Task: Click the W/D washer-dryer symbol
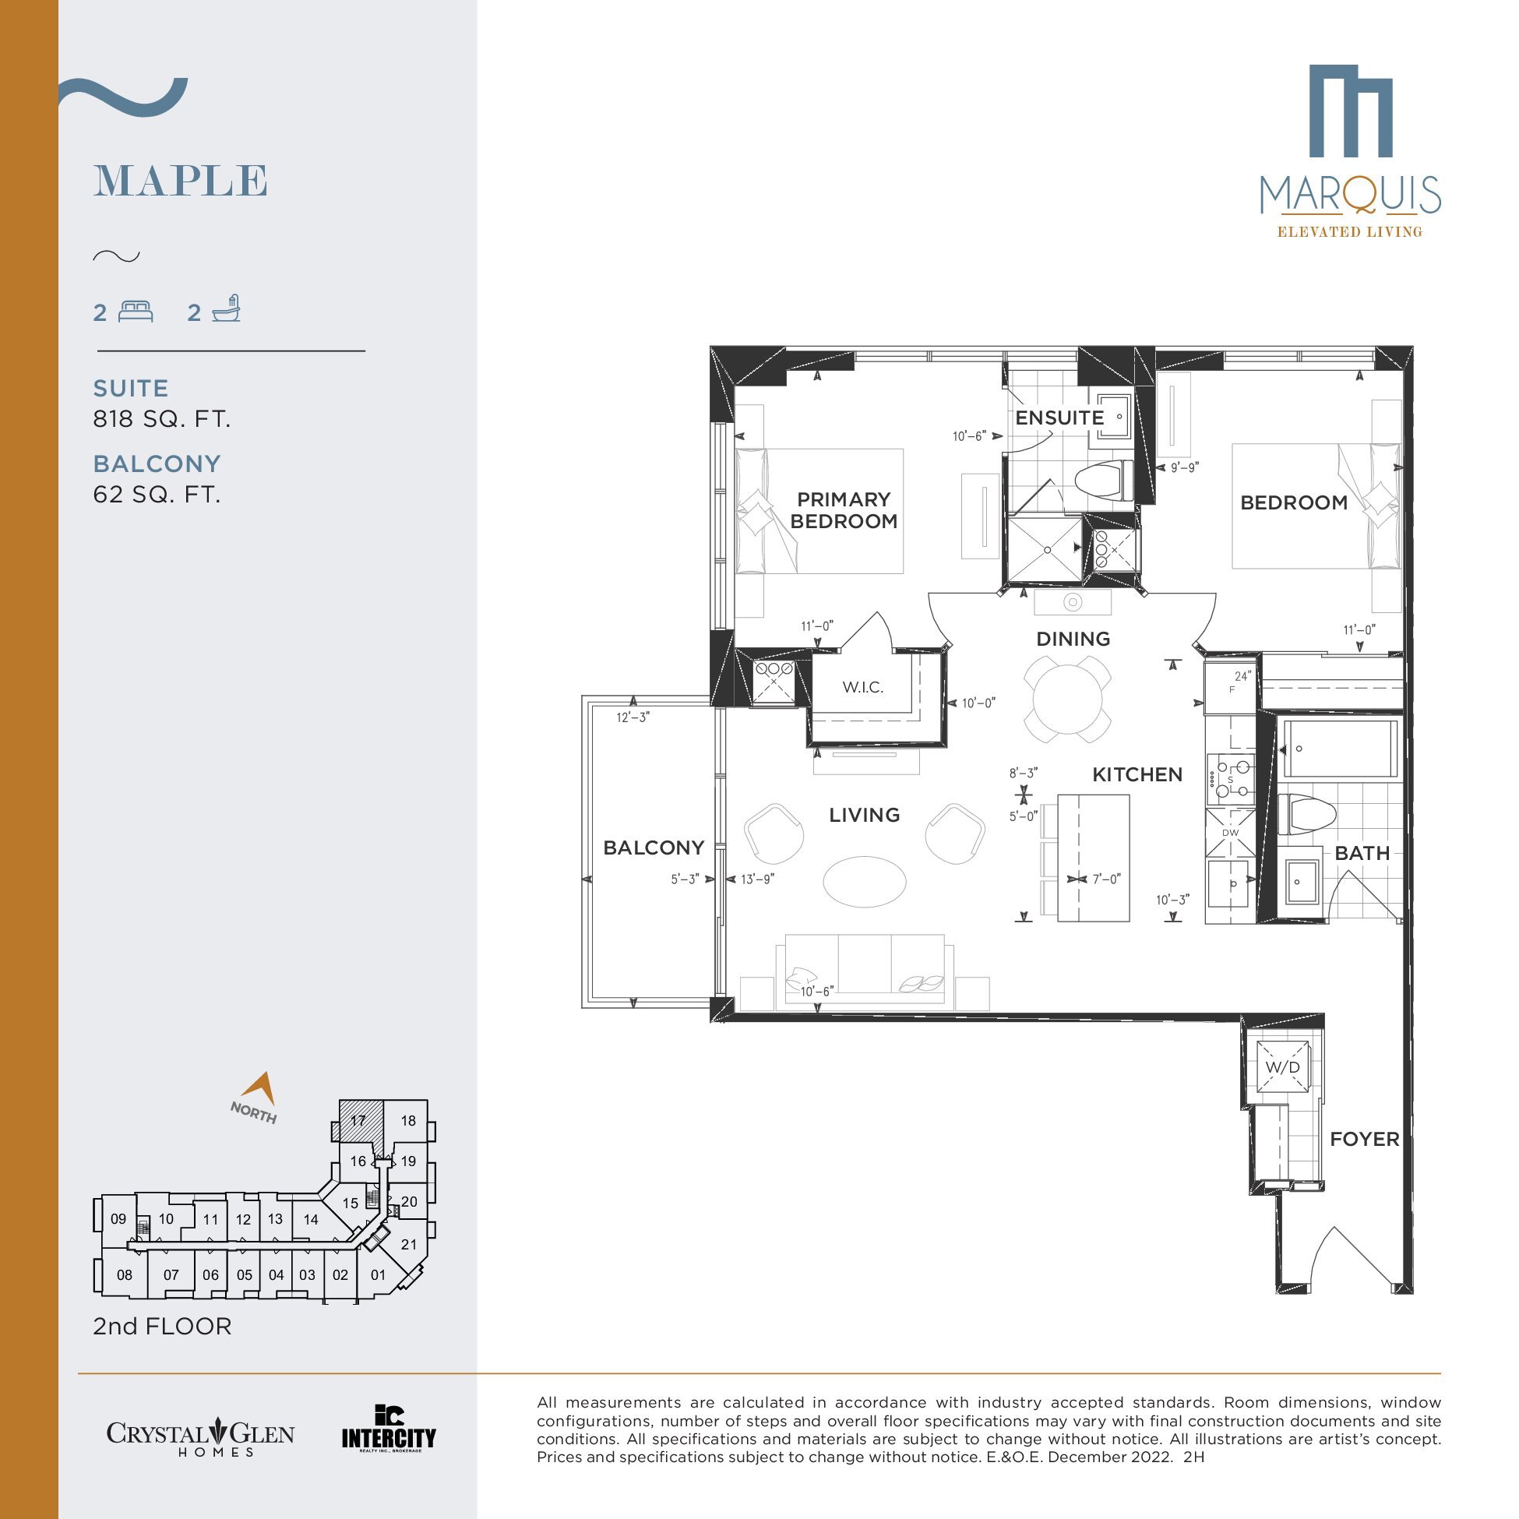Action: click(x=1282, y=1067)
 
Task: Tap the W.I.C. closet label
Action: click(x=862, y=687)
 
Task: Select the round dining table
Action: click(x=1067, y=699)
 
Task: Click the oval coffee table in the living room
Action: click(x=864, y=881)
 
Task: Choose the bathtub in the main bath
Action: click(x=1340, y=749)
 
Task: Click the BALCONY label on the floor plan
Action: click(x=654, y=848)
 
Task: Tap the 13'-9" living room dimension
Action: click(x=757, y=879)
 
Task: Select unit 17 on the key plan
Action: click(x=358, y=1120)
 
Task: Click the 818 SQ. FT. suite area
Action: click(x=162, y=419)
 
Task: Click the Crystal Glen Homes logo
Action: click(x=200, y=1437)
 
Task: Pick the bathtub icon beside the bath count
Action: click(x=227, y=309)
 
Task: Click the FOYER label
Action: click(x=1364, y=1139)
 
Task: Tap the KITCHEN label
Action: click(x=1137, y=774)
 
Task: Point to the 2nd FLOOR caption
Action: click(x=162, y=1327)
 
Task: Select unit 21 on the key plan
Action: click(x=409, y=1244)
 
